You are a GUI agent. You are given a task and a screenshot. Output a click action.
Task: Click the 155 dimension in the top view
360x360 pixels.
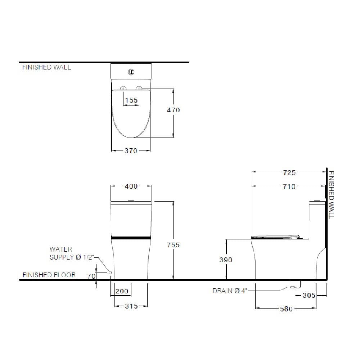pyautogui.click(x=131, y=100)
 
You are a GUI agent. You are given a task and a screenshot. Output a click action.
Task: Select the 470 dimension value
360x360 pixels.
pyautogui.click(x=174, y=110)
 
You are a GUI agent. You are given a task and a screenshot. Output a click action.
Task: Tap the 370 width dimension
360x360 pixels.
pyautogui.click(x=131, y=150)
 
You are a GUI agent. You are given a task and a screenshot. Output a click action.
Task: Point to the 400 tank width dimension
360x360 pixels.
pyautogui.click(x=131, y=186)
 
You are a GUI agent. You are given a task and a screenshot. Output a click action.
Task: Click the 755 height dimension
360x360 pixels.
pyautogui.click(x=173, y=245)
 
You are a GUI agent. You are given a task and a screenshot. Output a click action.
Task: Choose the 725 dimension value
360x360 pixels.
pyautogui.click(x=289, y=173)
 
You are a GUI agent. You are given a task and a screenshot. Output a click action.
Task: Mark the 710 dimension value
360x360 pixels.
pyautogui.click(x=289, y=186)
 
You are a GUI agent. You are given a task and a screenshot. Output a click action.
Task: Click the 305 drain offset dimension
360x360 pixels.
pyautogui.click(x=309, y=295)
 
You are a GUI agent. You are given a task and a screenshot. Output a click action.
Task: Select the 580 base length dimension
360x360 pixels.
pyautogui.click(x=286, y=309)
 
